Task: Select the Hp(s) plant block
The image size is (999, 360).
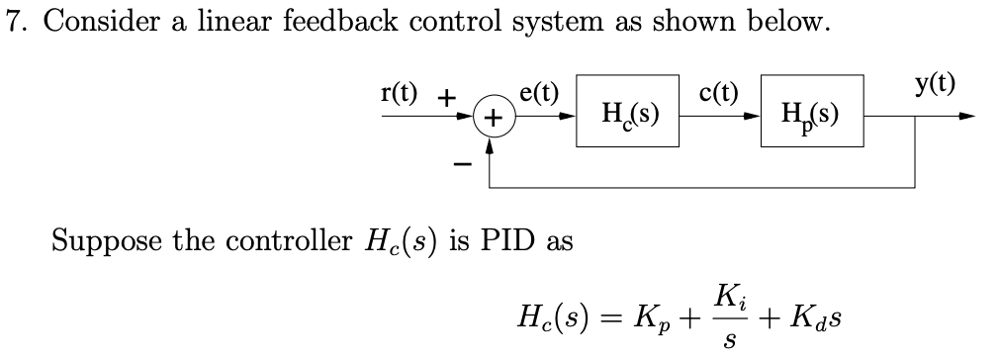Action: click(813, 113)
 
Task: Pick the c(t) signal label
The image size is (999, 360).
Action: click(719, 93)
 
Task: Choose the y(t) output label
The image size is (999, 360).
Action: click(937, 83)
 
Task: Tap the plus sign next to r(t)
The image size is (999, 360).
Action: click(447, 97)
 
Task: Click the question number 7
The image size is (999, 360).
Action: click(11, 24)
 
